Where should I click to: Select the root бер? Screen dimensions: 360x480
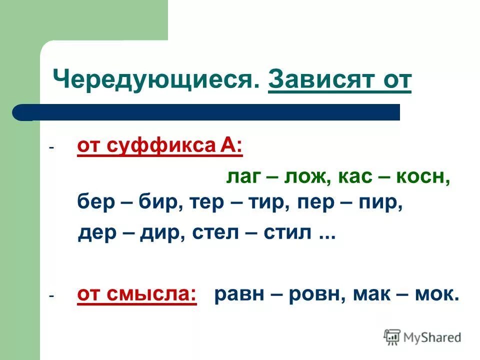[95, 204]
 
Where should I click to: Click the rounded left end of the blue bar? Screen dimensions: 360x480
[20, 112]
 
